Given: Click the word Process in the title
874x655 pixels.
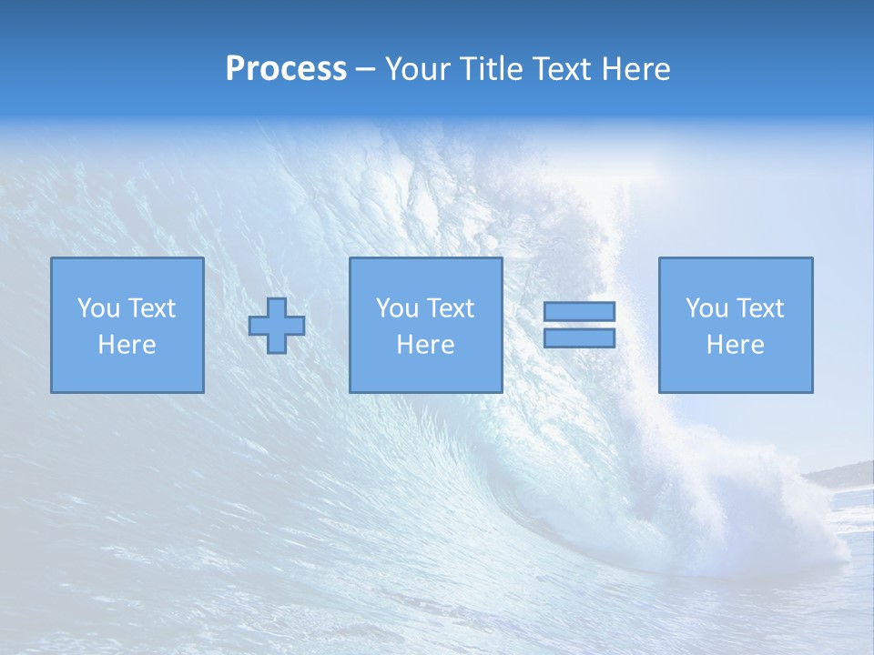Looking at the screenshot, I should (x=286, y=69).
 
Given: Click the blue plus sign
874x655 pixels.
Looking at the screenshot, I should (x=277, y=326).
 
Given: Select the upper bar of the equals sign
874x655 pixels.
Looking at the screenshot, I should (x=579, y=312).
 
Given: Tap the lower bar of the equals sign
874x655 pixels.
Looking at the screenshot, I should (x=579, y=338).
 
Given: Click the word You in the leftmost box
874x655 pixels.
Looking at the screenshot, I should (x=98, y=308).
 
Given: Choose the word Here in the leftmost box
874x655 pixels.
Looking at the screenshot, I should (x=127, y=345).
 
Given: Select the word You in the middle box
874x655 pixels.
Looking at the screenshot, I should (x=397, y=308).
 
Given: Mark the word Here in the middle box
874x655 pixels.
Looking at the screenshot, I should (x=425, y=345).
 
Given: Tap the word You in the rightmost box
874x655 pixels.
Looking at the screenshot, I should (x=706, y=308).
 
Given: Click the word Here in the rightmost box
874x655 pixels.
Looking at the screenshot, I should (x=735, y=345).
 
